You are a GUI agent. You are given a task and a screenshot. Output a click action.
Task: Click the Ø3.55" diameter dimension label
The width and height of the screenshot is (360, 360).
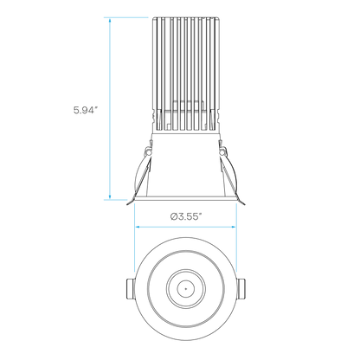[185, 216]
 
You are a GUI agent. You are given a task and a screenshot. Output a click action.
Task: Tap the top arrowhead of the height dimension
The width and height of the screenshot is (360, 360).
[110, 20]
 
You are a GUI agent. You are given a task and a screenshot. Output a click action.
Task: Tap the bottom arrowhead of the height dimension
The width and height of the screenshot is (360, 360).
[110, 196]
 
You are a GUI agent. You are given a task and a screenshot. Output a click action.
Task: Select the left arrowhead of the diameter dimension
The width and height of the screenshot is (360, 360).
[138, 227]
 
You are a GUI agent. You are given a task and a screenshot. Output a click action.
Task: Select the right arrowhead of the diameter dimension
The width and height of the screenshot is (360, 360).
[233, 227]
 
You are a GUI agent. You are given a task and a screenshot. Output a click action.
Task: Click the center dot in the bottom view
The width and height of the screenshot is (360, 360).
[186, 288]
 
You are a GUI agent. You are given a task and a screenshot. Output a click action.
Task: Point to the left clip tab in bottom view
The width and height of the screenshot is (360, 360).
[131, 289]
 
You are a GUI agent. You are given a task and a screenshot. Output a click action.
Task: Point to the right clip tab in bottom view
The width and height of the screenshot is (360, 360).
[241, 289]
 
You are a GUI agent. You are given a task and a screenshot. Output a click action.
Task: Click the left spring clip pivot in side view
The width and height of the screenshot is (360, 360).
[148, 151]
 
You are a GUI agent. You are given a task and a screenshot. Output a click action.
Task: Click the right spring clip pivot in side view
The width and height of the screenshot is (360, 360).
[222, 151]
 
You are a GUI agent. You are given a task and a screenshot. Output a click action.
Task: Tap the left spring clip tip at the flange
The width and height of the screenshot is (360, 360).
[129, 203]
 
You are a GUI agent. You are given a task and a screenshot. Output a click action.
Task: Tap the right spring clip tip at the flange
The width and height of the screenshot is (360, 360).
[242, 203]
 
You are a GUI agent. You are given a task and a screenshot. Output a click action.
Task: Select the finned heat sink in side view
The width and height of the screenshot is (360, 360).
[185, 75]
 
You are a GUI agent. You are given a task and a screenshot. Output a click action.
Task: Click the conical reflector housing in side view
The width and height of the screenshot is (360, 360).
[185, 164]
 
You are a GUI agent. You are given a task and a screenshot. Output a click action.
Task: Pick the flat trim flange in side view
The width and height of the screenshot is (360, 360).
[185, 198]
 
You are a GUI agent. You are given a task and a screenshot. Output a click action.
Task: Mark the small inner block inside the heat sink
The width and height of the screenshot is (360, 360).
[189, 114]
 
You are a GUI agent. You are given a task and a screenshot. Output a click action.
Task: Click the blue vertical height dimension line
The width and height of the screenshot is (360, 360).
[110, 108]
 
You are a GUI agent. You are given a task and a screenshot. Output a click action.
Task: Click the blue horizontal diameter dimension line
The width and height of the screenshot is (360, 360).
[185, 227]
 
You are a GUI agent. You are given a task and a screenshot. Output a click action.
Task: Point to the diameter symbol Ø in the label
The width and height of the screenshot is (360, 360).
[173, 216]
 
